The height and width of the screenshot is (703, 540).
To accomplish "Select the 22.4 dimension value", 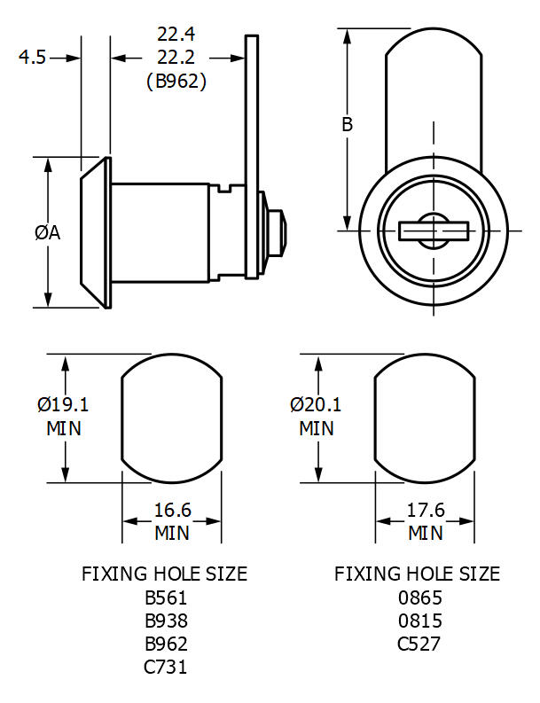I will (x=176, y=35).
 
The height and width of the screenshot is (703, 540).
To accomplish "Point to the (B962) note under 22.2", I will (x=176, y=82).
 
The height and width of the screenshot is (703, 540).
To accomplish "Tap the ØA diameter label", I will (x=47, y=232).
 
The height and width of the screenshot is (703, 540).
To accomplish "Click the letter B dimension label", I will (x=348, y=124).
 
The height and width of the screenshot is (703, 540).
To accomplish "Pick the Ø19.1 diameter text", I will (x=63, y=405).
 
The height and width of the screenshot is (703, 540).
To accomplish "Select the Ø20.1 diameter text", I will (x=316, y=405).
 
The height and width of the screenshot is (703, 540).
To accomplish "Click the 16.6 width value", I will (x=173, y=511).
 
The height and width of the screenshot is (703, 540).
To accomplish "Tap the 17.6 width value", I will (x=426, y=511).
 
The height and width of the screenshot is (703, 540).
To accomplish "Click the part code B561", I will (x=165, y=598).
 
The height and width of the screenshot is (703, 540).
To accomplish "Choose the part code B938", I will (x=165, y=621).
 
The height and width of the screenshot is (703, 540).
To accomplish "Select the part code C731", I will (x=165, y=667).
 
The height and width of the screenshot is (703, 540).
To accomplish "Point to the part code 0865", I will (x=418, y=598).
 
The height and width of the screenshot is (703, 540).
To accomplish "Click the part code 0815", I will (x=418, y=621).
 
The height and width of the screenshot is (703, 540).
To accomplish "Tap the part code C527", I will (x=418, y=644).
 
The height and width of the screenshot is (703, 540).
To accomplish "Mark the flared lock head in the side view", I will (x=95, y=233).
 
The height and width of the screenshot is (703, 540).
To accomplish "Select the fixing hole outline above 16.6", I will (x=171, y=419).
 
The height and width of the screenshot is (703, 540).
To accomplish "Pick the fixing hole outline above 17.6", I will (x=425, y=419).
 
